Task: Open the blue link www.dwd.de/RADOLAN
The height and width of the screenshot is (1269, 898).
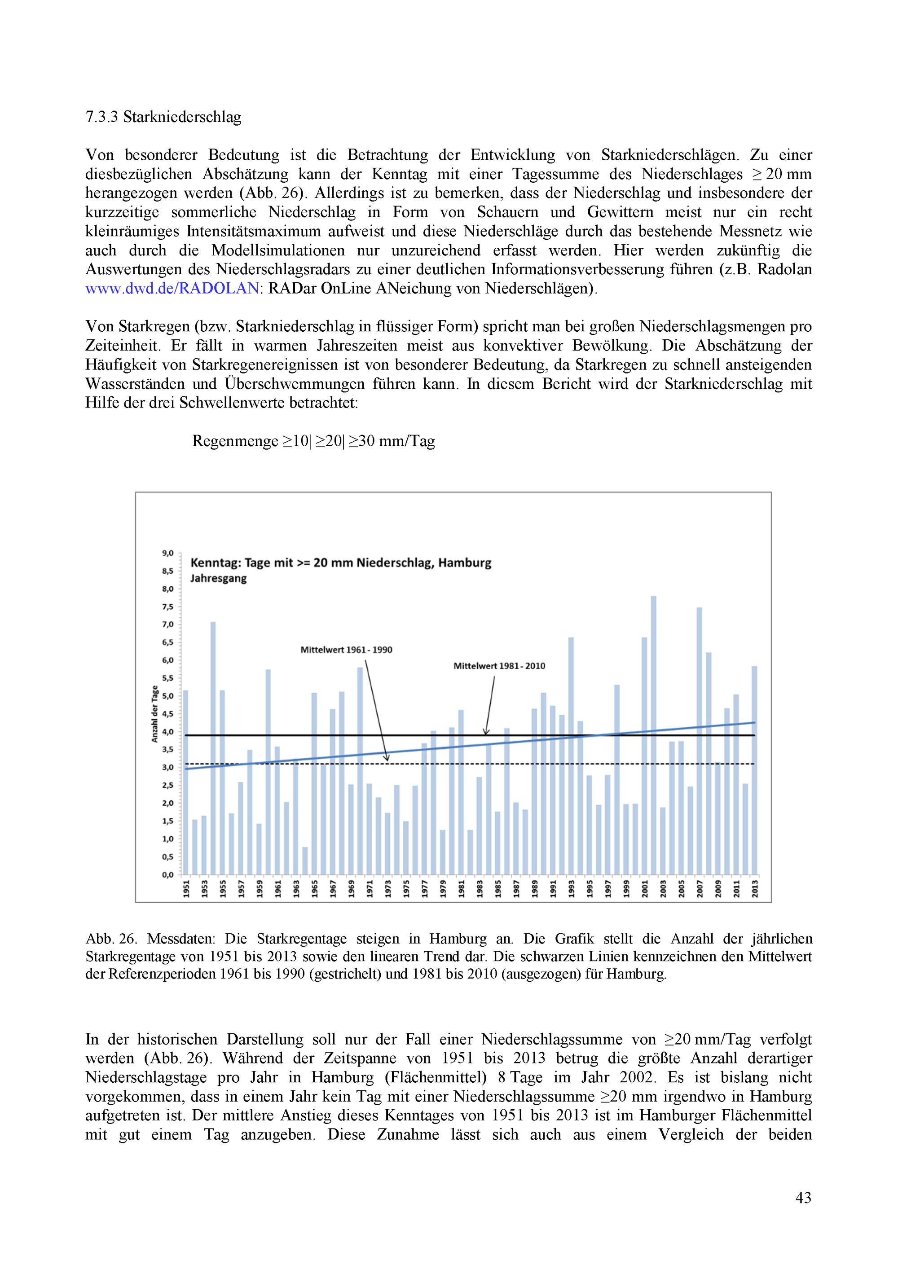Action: (172, 289)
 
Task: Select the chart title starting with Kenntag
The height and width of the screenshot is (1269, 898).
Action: (341, 563)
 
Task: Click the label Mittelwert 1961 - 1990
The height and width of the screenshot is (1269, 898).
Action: (346, 650)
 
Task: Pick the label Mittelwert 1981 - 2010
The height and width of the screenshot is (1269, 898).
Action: (499, 666)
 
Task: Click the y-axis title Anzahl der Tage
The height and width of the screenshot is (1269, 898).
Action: (155, 713)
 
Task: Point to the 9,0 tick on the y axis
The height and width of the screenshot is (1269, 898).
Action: (167, 553)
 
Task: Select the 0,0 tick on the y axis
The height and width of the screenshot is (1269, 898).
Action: (167, 874)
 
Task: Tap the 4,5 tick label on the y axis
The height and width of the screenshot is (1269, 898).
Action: (167, 714)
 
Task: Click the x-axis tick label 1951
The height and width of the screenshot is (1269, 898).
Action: (186, 889)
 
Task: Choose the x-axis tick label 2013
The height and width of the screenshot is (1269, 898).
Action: (755, 889)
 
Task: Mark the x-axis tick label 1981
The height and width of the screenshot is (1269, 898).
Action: (461, 889)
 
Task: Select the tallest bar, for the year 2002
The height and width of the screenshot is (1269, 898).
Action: (654, 735)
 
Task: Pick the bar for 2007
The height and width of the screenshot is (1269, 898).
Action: (700, 741)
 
